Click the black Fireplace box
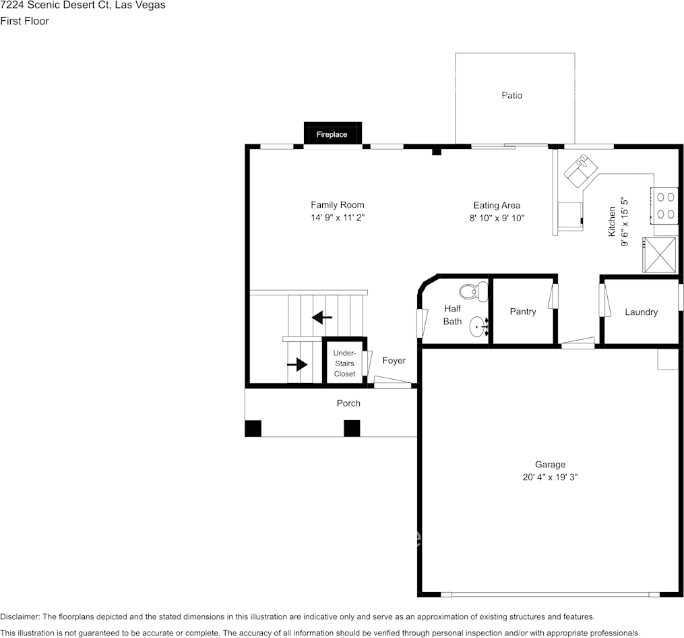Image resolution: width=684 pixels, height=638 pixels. point(333,134)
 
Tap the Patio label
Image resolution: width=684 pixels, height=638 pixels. point(511,95)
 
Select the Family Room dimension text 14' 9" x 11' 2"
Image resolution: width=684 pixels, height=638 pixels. point(338,218)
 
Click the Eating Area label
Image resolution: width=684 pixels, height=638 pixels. point(497,205)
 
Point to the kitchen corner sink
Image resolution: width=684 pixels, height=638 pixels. point(581,171)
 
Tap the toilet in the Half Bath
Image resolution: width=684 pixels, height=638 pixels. point(473,291)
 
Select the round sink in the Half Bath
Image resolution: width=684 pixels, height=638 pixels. point(478,327)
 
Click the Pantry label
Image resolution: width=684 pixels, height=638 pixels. point(523,312)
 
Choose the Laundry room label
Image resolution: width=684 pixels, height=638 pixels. point(641,312)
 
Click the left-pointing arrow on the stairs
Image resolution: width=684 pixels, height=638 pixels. point(322,316)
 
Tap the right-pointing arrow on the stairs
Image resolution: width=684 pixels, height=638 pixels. point(297,365)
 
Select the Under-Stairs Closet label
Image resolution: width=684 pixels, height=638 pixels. point(344,364)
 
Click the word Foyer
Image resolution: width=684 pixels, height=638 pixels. point(394,360)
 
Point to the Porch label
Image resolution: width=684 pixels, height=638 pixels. point(348,403)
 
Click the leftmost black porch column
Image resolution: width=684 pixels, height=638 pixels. point(253,428)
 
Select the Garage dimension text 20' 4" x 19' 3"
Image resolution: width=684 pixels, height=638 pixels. point(550,477)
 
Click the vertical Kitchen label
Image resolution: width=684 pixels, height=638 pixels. point(612,221)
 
